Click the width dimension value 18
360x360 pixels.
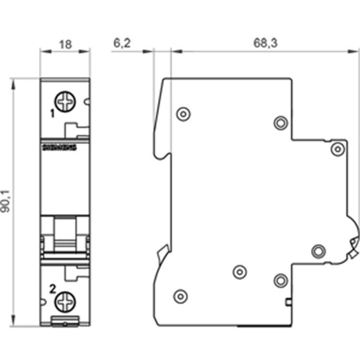click(x=65, y=44)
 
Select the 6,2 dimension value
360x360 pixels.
click(x=121, y=43)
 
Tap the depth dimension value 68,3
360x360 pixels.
click(x=265, y=43)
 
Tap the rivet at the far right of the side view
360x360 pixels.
click(x=338, y=149)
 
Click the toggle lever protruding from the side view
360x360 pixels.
click(x=354, y=245)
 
